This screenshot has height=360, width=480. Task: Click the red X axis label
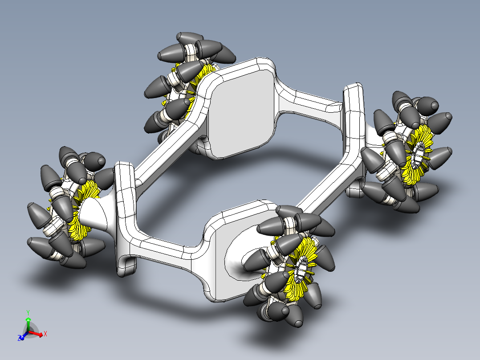pyautogui.click(x=45, y=333)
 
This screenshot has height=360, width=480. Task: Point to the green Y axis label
pyautogui.click(x=28, y=312)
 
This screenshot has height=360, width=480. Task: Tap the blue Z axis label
pyautogui.click(x=20, y=338)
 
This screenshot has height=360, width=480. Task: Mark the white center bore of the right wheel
pyautogui.click(x=419, y=154)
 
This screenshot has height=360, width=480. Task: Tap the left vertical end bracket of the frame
pyautogui.click(x=125, y=214)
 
